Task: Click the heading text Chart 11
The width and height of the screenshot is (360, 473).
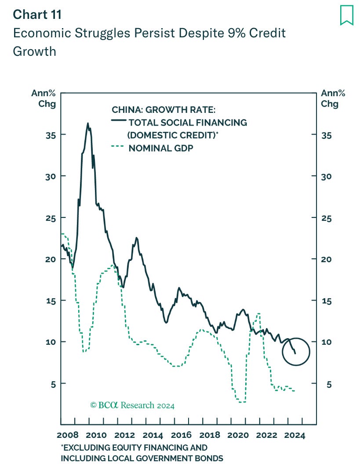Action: click(37, 14)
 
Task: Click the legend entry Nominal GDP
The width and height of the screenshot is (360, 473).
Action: click(160, 148)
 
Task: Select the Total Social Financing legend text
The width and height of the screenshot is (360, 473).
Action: click(188, 123)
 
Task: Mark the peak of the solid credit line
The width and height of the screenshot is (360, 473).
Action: click(87, 123)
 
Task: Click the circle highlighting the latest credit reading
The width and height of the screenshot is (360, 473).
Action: click(295, 351)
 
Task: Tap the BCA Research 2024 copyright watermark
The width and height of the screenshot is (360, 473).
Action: click(132, 405)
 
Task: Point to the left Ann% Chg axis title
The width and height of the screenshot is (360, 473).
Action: click(44, 98)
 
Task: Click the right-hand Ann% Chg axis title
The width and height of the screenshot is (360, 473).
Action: click(333, 98)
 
